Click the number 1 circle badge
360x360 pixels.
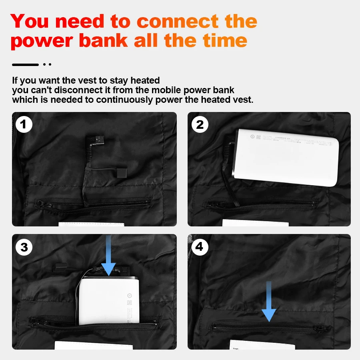pyautogui.click(x=24, y=125)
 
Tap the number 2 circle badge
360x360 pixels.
pyautogui.click(x=200, y=125)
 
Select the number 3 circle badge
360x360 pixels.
pyautogui.click(x=24, y=247)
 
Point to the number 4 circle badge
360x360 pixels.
pyautogui.click(x=200, y=247)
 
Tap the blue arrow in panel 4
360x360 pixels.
pyautogui.click(x=269, y=302)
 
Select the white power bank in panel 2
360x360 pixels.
pyautogui.click(x=286, y=156)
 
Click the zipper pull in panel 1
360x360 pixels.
pyautogui.click(x=39, y=204)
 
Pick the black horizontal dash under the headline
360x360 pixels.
pyautogui.click(x=25, y=64)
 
